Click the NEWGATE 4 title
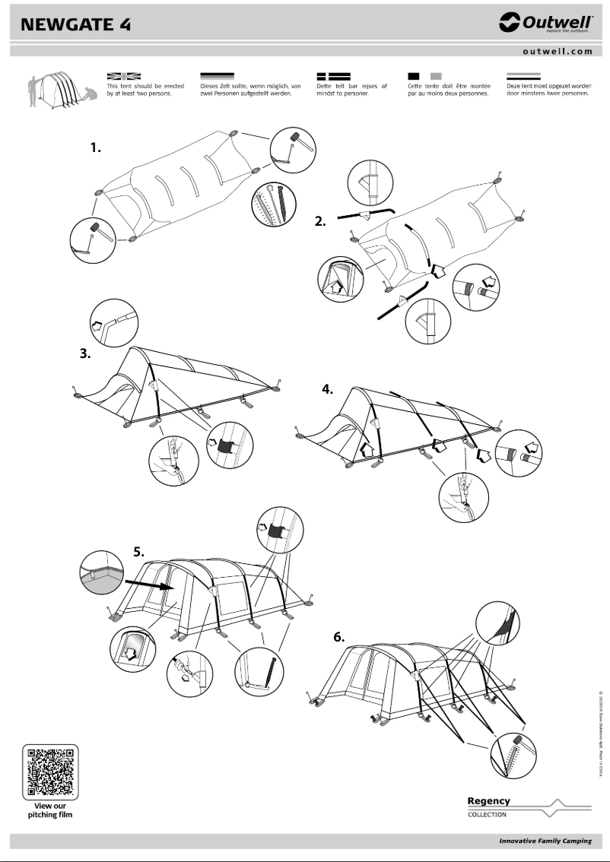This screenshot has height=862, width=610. (x=76, y=24)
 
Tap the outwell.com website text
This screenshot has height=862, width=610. (x=557, y=52)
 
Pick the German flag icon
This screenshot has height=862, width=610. (x=216, y=76)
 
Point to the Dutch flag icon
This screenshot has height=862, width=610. (x=524, y=76)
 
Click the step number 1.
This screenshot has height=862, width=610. (x=96, y=148)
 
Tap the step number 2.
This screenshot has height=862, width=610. (x=321, y=222)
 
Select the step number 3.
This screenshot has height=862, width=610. (x=85, y=353)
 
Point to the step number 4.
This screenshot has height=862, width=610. (x=328, y=389)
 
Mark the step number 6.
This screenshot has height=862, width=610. (x=339, y=637)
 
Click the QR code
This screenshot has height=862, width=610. (x=50, y=772)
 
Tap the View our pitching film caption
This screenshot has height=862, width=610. (x=50, y=810)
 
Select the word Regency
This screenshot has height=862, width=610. (x=488, y=800)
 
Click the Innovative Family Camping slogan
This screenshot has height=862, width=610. (x=545, y=841)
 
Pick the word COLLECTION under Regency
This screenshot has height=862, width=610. (x=487, y=814)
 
